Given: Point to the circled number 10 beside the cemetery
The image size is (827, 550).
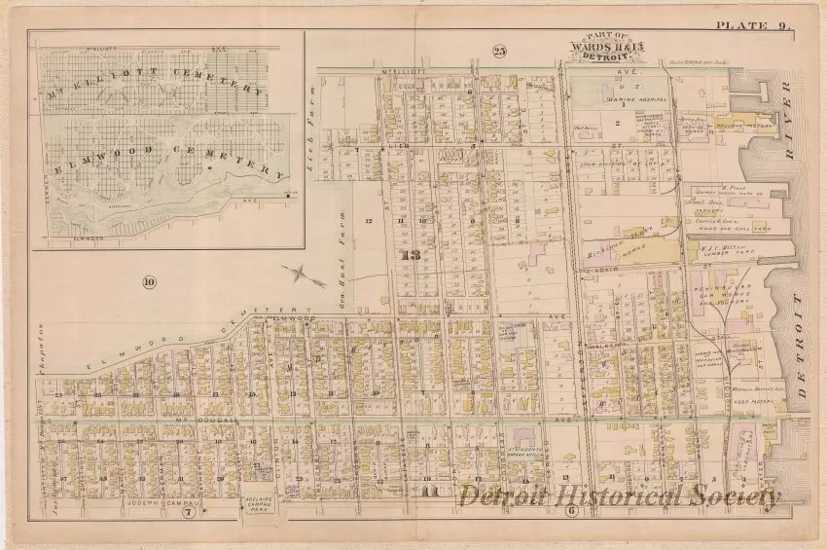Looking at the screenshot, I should pos(148,283).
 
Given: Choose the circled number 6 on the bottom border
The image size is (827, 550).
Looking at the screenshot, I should pos(572,510).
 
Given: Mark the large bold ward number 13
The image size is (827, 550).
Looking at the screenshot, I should pos(410,255).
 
